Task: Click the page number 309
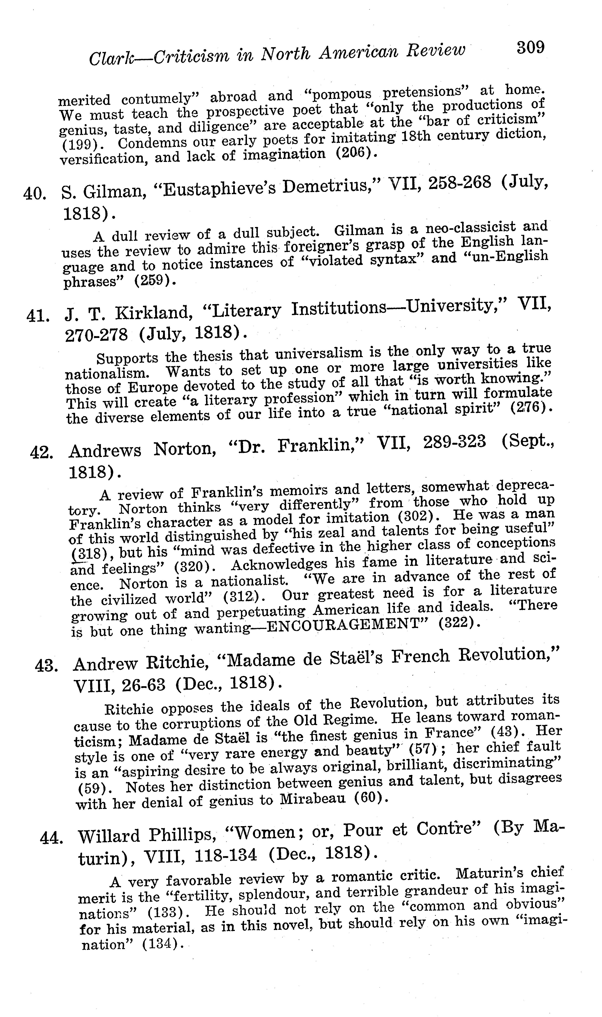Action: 530,48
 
